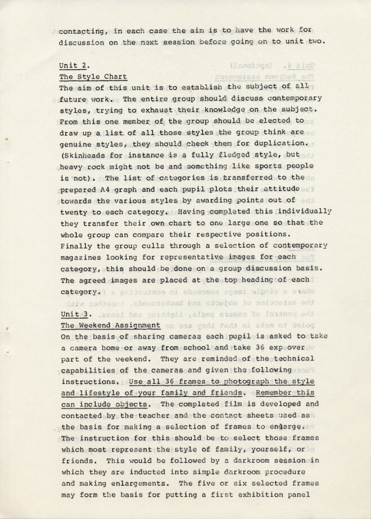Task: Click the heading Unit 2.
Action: coord(74,66)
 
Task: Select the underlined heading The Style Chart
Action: coord(93,77)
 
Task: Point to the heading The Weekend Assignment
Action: coord(110,325)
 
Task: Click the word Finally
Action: coord(75,246)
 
